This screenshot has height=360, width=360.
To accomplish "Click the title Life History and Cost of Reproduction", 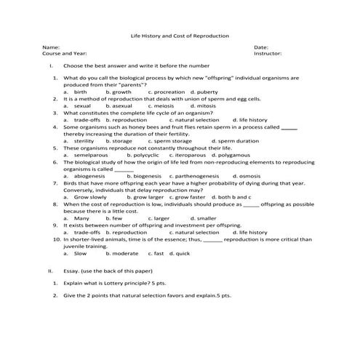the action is (179, 35).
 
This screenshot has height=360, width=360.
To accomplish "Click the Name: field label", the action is (50, 47).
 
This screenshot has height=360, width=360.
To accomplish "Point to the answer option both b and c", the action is (233, 196).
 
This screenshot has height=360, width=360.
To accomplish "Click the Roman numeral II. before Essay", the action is (50, 270).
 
